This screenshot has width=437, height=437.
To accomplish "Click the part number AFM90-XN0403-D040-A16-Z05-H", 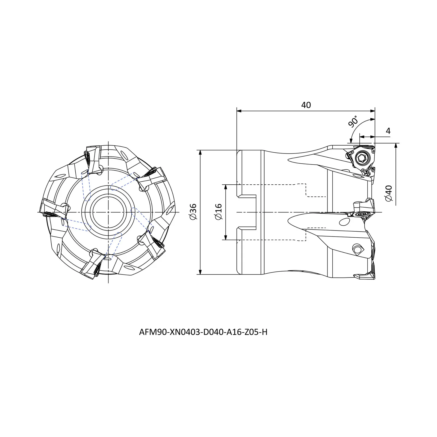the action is [203, 332].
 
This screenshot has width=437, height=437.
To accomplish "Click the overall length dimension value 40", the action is [306, 105].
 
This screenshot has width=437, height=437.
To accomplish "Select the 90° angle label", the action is [353, 122].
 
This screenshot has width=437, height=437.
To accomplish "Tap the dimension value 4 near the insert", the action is [388, 131].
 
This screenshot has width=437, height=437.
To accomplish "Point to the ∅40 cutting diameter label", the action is [389, 193].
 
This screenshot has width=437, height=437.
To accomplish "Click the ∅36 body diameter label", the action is [193, 212].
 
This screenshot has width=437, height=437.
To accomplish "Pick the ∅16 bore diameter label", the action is [219, 212].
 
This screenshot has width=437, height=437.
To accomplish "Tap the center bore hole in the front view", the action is [108, 212].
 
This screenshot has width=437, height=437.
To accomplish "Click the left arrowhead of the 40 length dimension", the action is [239, 111].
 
